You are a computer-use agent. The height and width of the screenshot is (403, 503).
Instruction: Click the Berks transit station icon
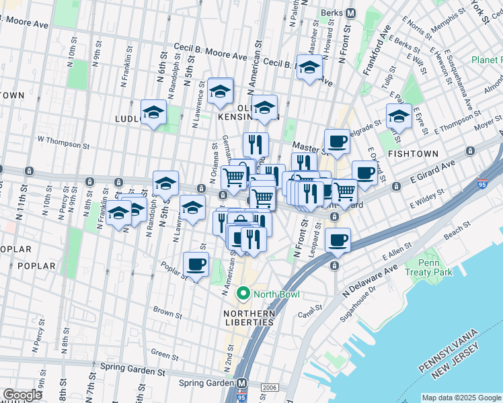point(350,13)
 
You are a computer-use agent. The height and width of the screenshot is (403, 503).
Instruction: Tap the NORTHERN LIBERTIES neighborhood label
point(249,318)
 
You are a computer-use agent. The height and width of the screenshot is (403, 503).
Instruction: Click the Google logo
point(22,395)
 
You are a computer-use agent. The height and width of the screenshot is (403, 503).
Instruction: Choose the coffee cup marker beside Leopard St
point(338,240)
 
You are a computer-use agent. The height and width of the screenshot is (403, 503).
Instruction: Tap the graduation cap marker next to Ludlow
point(153,112)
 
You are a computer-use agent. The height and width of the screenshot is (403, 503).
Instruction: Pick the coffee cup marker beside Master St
point(337,141)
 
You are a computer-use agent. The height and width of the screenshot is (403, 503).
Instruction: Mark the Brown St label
point(167,313)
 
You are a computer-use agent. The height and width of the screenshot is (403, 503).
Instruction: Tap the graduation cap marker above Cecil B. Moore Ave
point(309,68)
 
